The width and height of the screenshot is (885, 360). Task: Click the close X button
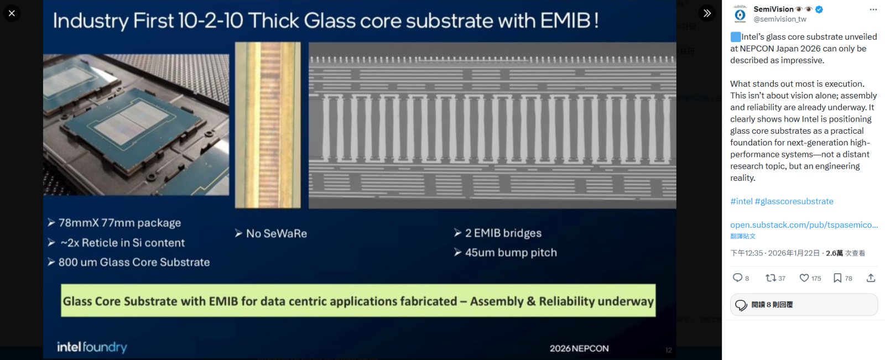(12, 13)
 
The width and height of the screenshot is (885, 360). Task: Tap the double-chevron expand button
(707, 13)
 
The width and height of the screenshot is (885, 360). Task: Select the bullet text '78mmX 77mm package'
(119, 223)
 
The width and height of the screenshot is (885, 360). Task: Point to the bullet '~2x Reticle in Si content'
(122, 243)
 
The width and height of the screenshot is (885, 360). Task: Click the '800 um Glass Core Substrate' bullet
(134, 262)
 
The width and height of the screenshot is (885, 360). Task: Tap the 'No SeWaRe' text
(276, 233)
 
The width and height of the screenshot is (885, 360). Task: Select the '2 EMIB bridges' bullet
(503, 233)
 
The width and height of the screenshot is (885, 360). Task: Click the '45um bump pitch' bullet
(511, 253)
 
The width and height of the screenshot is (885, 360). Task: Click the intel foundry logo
(92, 347)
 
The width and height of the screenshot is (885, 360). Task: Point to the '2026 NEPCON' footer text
(579, 348)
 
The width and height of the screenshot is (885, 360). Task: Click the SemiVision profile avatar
(740, 14)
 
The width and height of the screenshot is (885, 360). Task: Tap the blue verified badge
(819, 9)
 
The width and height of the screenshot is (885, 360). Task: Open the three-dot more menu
(873, 9)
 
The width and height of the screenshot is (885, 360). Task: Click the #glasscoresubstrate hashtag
(794, 201)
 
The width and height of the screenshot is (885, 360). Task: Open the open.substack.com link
(804, 225)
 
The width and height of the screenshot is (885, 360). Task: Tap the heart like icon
(804, 278)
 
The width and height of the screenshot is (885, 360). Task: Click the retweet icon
(771, 278)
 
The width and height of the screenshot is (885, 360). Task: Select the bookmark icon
(837, 278)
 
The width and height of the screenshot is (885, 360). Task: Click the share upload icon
(871, 278)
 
